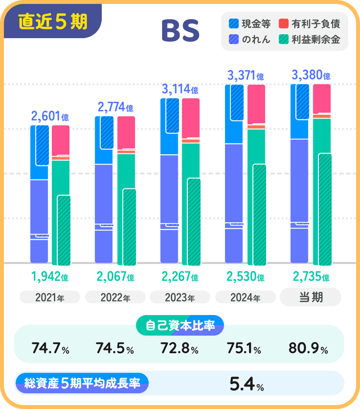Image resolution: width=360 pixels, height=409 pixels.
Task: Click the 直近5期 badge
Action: pyautogui.click(x=52, y=21)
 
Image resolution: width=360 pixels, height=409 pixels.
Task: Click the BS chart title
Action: pyautogui.click(x=180, y=32)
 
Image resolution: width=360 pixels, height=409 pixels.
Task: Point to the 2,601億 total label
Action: pyautogui.click(x=50, y=116)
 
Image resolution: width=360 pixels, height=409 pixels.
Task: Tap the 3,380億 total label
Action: pyautogui.click(x=310, y=75)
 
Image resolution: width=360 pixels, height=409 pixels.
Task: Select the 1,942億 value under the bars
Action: pyautogui.click(x=50, y=277)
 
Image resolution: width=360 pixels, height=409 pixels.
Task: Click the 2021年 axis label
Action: pyautogui.click(x=50, y=298)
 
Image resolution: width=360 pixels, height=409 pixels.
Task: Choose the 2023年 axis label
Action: pyautogui.click(x=180, y=298)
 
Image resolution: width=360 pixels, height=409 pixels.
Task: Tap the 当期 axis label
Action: pyautogui.click(x=310, y=297)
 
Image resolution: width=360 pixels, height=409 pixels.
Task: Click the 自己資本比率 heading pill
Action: pyautogui.click(x=180, y=325)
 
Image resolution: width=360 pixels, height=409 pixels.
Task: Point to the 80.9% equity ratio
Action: pyautogui.click(x=308, y=349)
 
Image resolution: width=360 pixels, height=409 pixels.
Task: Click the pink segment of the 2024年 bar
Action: pyautogui.click(x=256, y=104)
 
